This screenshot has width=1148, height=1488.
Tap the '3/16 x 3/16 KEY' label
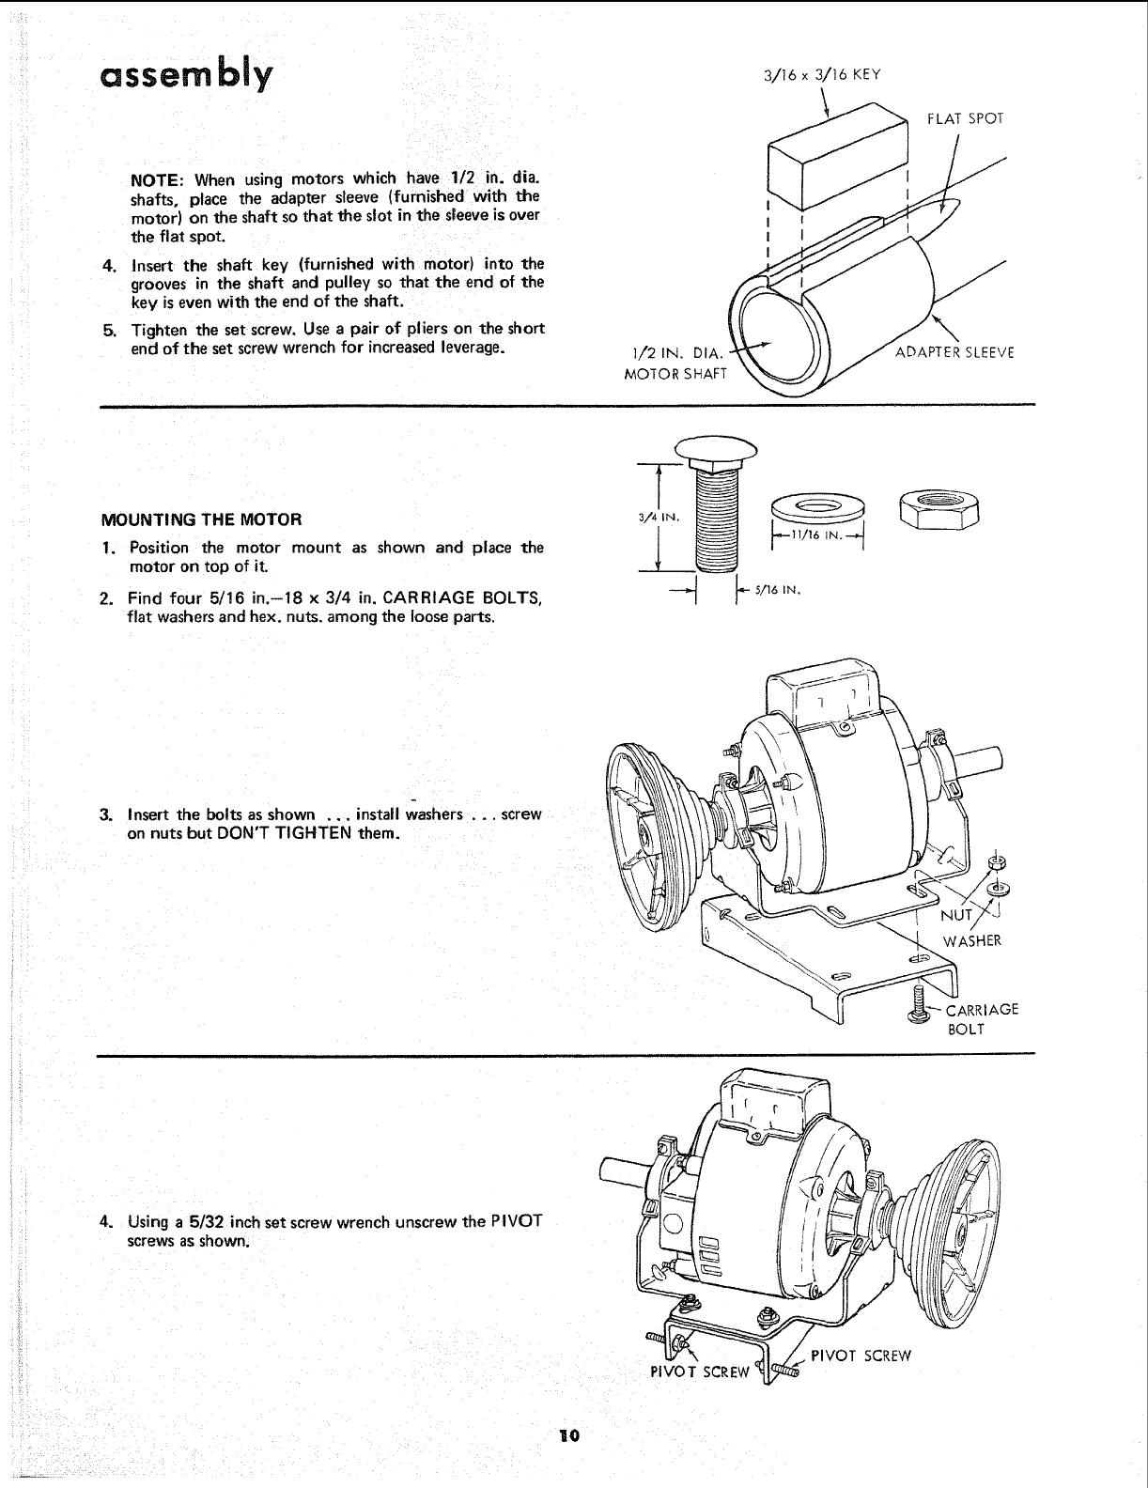pos(824,76)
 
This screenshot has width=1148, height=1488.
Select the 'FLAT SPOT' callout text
pos(966,118)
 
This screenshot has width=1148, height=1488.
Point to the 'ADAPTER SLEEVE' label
pos(954,353)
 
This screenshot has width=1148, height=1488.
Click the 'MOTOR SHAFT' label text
pos(676,374)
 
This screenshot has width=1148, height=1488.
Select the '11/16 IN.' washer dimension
pos(815,535)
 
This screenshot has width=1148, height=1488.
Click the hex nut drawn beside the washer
pos(939,510)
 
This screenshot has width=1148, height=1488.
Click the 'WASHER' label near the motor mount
pos(972,940)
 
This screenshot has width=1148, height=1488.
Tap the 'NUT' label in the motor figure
pos(956,915)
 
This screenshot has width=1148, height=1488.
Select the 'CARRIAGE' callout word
pos(982,1010)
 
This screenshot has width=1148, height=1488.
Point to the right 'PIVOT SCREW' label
pos(861,1356)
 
